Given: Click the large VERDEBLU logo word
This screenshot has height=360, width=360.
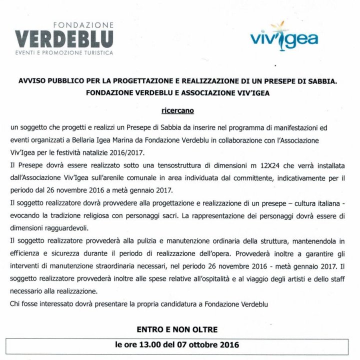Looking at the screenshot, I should [x=64, y=38].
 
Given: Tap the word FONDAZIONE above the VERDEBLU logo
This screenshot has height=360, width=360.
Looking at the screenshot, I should [x=83, y=24].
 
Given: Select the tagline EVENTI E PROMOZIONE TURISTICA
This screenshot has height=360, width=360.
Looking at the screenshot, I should [x=64, y=52].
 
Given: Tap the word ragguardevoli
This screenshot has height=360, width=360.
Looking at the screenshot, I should [x=70, y=226].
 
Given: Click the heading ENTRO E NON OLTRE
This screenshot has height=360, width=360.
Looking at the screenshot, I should [x=177, y=329].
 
